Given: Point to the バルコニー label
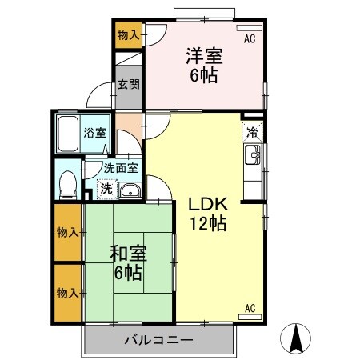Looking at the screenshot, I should [x=158, y=341].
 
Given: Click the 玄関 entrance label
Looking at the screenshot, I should [x=127, y=85].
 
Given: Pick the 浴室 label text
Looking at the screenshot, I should [x=95, y=133].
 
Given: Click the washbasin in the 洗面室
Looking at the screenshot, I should [x=130, y=190].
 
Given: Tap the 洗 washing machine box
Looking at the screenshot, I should [x=106, y=189].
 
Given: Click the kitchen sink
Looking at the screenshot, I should [x=252, y=155].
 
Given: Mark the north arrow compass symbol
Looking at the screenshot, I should [x=298, y=338].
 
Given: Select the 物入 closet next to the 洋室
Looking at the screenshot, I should [x=127, y=34].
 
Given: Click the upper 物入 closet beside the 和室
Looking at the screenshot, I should [x=67, y=233].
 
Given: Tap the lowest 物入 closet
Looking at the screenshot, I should [x=67, y=293].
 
